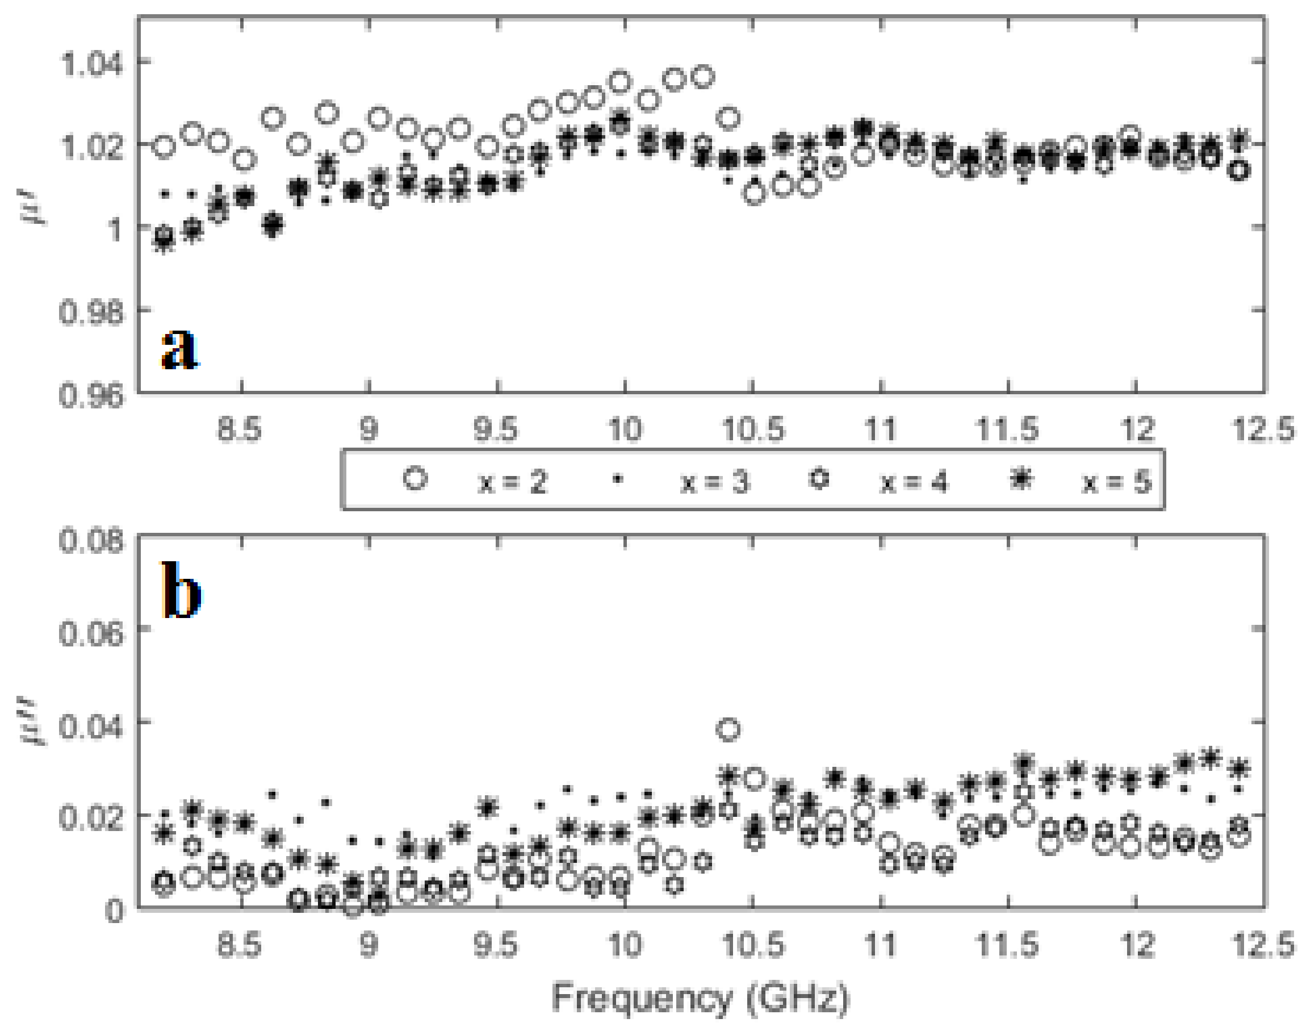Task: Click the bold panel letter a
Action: [179, 349]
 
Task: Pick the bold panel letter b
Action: [180, 592]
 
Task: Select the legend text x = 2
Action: [512, 482]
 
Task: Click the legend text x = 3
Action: [715, 482]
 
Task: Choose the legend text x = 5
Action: [1117, 482]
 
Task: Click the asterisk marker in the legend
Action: [1021, 479]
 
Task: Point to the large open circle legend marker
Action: [415, 479]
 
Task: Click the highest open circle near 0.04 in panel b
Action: [728, 729]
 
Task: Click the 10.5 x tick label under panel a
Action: [753, 430]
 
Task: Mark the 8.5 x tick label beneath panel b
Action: [240, 945]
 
